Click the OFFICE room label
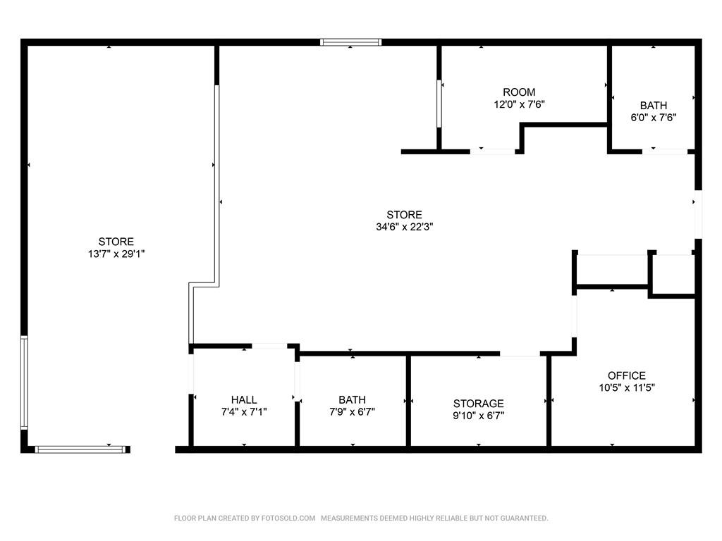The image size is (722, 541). (626, 375)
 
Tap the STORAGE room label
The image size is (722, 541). (479, 404)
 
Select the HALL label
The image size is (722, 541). (244, 400)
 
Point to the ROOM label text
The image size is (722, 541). (519, 92)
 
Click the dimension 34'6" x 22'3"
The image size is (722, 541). (404, 226)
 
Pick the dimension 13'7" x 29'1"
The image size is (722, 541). (116, 254)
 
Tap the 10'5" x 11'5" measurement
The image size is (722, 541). (627, 387)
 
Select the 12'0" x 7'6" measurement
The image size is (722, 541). (519, 104)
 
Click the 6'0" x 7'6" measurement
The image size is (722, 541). (654, 118)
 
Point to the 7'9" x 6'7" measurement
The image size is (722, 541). (353, 411)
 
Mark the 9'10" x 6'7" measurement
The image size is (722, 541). (479, 416)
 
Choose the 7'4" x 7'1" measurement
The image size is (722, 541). (244, 411)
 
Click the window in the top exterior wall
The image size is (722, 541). (351, 42)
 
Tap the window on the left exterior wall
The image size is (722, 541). (24, 383)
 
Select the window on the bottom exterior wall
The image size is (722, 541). (80, 449)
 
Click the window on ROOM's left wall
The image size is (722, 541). (439, 104)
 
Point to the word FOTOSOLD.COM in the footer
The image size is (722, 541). (288, 518)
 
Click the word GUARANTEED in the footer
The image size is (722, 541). (524, 518)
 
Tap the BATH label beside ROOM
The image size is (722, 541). (654, 106)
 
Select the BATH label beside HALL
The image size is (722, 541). (353, 400)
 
